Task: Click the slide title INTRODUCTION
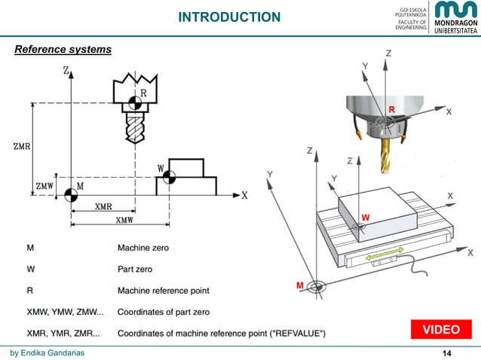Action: pos(228,17)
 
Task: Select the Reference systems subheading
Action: pos(63,50)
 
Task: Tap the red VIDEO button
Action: pos(440,330)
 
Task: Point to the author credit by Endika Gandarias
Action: pos(52,352)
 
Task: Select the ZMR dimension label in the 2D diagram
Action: pos(22,146)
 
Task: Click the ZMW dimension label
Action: pos(44,185)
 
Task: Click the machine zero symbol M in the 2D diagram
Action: pos(70,195)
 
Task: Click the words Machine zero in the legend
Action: pos(142,247)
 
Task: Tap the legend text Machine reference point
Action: pos(163,290)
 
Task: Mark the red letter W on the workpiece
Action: pos(364,218)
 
